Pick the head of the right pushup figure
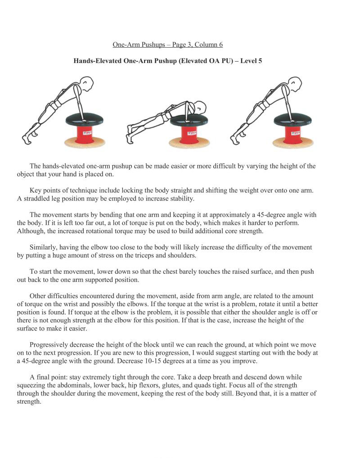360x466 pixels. coord(294,83)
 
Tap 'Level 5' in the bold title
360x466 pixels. coord(251,61)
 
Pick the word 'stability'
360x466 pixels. coord(180,199)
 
